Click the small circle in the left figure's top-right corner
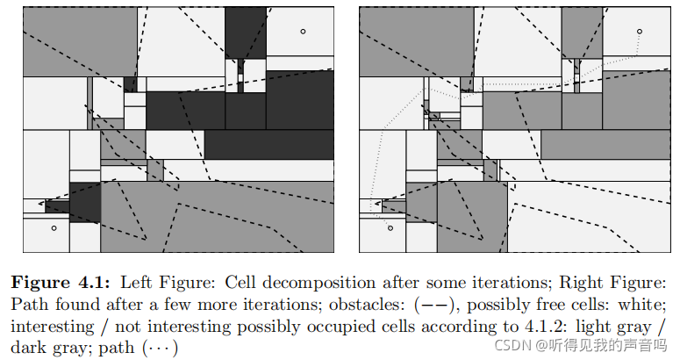tap(303, 32)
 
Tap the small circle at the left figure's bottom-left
tap(54, 228)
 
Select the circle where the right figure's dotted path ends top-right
tap(640, 32)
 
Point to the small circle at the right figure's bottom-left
tap(390, 228)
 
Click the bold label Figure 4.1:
tap(61, 283)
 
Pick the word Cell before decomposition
tap(242, 283)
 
